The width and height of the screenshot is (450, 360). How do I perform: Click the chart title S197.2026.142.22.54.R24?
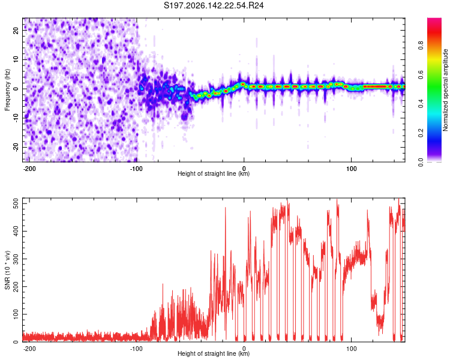pos(214,5)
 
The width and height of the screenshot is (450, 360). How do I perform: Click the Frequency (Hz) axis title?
pos(7,90)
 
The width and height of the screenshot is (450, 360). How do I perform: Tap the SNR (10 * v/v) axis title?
pos(7,270)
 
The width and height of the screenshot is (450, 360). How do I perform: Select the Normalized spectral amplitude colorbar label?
pos(445,90)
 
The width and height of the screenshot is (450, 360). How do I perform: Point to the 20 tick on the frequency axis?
pos(16,30)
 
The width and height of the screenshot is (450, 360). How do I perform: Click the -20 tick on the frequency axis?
pos(16,148)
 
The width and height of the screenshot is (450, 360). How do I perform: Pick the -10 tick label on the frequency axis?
pos(16,118)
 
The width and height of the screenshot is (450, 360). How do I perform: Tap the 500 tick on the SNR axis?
pos(16,203)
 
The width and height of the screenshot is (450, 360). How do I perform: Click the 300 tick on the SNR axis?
pos(16,259)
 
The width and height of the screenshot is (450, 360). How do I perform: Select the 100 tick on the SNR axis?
pos(16,314)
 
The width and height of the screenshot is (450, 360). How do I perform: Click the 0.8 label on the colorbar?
pos(421,46)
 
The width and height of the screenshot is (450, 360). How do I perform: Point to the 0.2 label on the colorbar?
pos(421,133)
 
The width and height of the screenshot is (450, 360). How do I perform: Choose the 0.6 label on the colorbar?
pos(421,74)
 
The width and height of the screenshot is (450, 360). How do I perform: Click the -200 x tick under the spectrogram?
pos(29,169)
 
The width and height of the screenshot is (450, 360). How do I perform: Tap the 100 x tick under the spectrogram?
pos(351,169)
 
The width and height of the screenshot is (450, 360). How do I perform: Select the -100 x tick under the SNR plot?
pos(136,349)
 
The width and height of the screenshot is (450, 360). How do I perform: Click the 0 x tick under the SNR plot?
pos(244,349)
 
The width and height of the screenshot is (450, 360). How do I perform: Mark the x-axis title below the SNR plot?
pos(214,353)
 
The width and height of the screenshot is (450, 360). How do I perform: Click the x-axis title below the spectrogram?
pos(214,173)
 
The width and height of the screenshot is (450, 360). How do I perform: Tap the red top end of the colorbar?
pos(434,20)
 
